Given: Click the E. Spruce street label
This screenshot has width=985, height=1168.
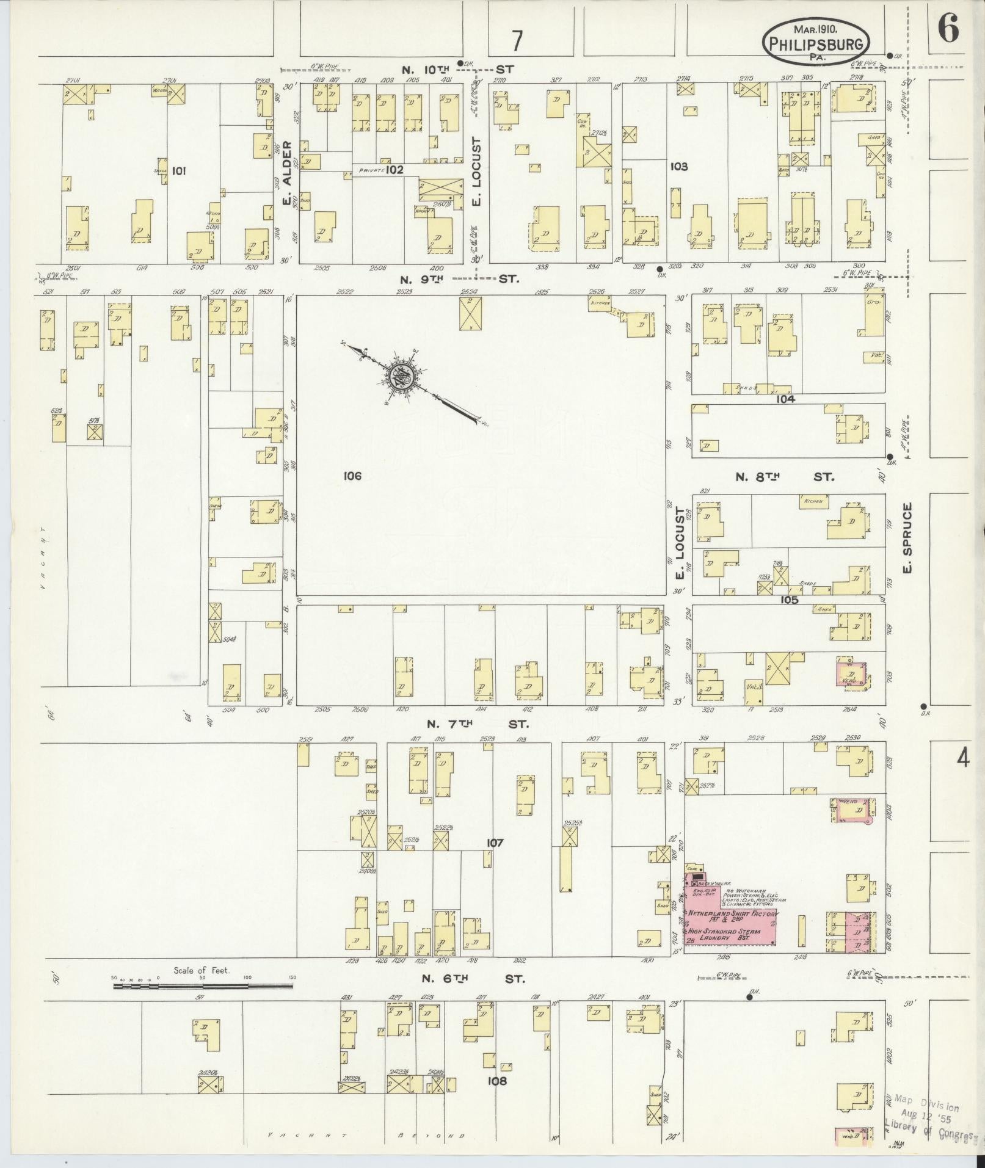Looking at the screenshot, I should pyautogui.click(x=907, y=538).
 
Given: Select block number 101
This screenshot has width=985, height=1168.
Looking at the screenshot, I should pyautogui.click(x=178, y=170).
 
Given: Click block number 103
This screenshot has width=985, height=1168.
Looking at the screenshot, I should pyautogui.click(x=678, y=166).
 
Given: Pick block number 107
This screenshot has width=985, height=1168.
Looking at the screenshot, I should pyautogui.click(x=495, y=843).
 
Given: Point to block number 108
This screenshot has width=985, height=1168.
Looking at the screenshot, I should pyautogui.click(x=498, y=1081).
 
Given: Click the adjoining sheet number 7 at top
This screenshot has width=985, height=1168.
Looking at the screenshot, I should pyautogui.click(x=517, y=41).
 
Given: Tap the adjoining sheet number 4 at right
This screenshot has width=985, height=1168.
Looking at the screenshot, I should pyautogui.click(x=963, y=758).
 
